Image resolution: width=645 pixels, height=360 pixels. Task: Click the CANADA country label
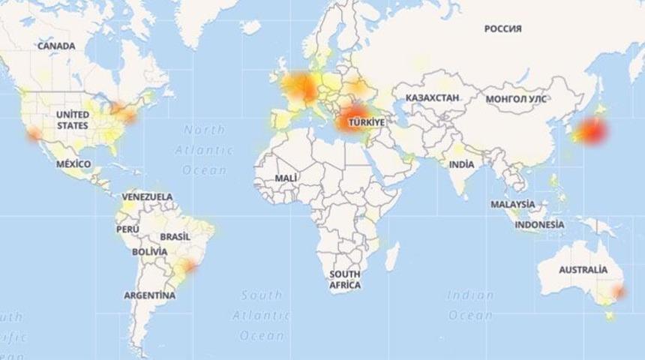pos(56,46)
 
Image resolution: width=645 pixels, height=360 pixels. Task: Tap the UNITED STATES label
pos(73,120)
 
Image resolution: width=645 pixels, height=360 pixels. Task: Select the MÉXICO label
pos(73,163)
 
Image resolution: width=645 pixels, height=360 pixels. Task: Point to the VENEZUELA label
pos(148,196)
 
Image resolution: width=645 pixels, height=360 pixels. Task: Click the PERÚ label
pos(127,229)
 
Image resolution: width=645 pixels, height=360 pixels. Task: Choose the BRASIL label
pos(175,236)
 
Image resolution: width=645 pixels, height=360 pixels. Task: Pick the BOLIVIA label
pos(149,252)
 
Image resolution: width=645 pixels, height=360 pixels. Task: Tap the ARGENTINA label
pos(150,295)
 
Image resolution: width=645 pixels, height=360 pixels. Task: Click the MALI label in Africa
pos(286,178)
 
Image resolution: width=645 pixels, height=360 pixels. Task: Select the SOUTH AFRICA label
pos(345,280)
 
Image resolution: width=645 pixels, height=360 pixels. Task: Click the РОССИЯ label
pos(502,28)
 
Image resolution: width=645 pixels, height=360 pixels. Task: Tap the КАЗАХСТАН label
pos(432,98)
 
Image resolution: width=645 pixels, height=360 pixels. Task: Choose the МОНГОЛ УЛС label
pos(516,99)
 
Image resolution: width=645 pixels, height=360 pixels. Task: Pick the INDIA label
pos(461,164)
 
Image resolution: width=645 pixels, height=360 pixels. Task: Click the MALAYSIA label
pos(513,204)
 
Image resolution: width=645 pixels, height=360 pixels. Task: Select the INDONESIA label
pos(540,224)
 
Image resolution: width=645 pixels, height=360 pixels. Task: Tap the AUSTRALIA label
pos(583,269)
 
